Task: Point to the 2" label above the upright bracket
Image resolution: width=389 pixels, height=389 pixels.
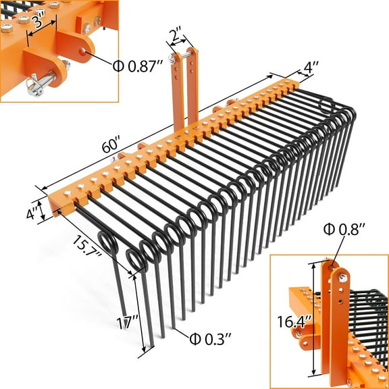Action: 176,34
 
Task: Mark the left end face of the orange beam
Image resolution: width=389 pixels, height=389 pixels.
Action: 55,207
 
